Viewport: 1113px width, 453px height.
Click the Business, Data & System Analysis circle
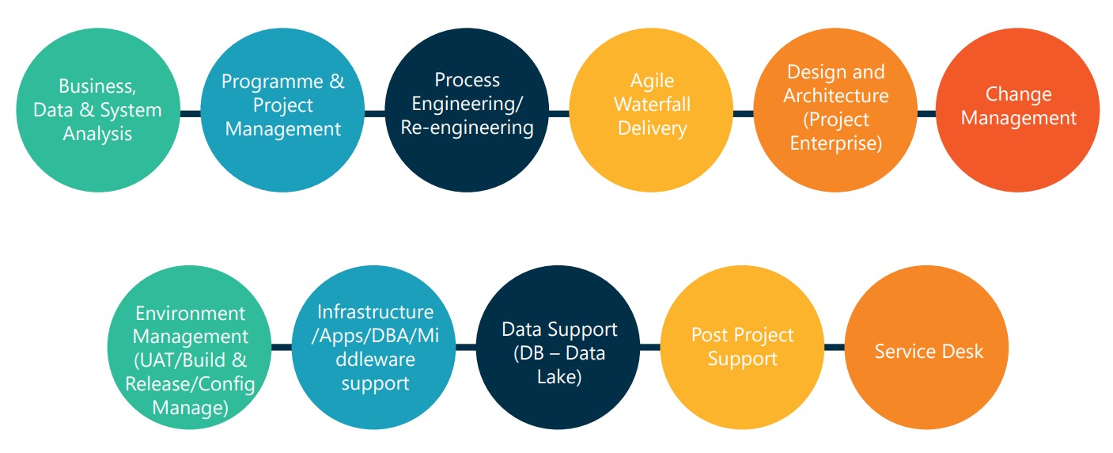[x=97, y=111]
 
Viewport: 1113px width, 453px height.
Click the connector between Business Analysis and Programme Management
[x=190, y=114]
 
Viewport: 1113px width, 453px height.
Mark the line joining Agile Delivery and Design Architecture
[x=744, y=114]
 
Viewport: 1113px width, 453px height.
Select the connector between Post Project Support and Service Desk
[x=835, y=347]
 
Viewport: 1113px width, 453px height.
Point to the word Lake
[x=558, y=377]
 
